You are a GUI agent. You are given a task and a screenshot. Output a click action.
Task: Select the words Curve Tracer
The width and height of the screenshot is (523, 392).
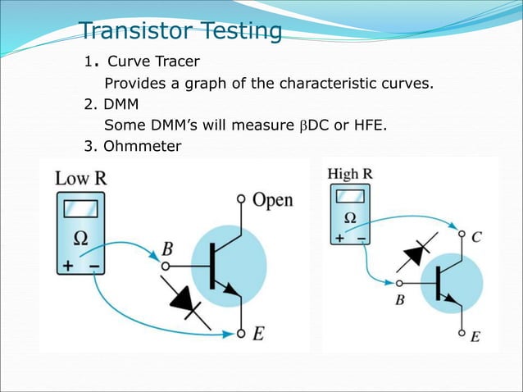tap(153, 62)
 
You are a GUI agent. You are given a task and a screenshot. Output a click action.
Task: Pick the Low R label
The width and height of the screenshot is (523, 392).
tap(80, 177)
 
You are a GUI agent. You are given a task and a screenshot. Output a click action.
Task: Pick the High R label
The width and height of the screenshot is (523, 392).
tap(350, 174)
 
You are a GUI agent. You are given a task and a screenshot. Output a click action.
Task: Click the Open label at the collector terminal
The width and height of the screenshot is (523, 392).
tap(272, 200)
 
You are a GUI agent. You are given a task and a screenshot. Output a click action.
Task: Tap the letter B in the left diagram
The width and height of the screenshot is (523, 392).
tap(167, 248)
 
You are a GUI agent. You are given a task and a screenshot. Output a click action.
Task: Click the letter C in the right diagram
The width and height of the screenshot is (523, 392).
tap(476, 237)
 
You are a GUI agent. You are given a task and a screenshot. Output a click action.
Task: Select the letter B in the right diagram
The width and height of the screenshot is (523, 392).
tap(400, 300)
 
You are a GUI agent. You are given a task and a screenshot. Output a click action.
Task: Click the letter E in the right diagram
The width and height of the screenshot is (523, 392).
tap(475, 336)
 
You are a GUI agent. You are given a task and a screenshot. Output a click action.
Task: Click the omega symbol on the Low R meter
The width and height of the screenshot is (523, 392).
tap(82, 239)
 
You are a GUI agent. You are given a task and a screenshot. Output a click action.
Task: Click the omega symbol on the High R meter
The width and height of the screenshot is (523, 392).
tap(349, 218)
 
